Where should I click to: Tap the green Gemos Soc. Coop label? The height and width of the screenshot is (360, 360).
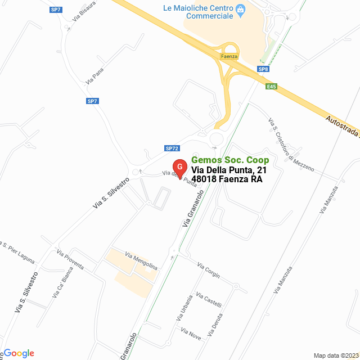(x=229, y=160)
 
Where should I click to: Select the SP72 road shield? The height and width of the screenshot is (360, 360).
(x=172, y=148)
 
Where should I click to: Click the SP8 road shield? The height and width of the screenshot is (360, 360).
(x=263, y=69)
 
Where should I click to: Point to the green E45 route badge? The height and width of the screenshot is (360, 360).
(x=272, y=86)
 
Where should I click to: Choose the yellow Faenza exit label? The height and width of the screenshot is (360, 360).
(x=229, y=57)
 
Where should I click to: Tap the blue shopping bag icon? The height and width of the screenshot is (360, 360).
(x=241, y=9)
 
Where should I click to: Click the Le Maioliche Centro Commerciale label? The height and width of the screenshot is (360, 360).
(x=202, y=13)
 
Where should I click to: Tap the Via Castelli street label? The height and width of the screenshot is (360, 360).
(x=209, y=300)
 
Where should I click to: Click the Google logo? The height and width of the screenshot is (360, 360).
(x=19, y=353)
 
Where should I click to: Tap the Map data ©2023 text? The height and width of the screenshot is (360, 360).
(x=335, y=355)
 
